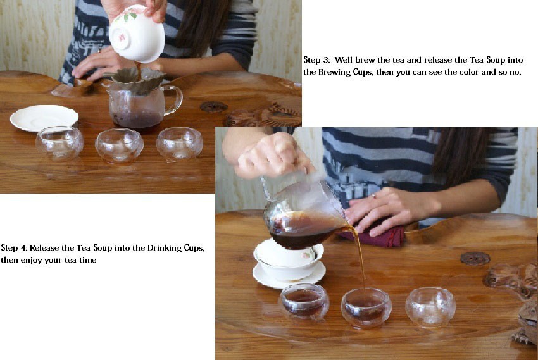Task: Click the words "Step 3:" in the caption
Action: tap(316, 60)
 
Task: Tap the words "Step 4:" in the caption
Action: tap(15, 248)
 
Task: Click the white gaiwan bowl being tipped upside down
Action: tap(137, 34)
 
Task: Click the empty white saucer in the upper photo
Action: tap(44, 118)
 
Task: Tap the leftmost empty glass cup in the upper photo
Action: tap(59, 143)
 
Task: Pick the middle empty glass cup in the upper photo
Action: tap(119, 146)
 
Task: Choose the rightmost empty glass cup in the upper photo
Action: tap(180, 144)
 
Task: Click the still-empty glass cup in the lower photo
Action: tap(430, 306)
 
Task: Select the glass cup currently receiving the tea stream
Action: tap(366, 307)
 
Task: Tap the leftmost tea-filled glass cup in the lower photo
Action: tap(304, 302)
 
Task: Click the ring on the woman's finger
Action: tap(373, 196)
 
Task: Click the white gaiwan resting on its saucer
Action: tap(288, 263)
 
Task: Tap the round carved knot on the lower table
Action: tap(475, 259)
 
